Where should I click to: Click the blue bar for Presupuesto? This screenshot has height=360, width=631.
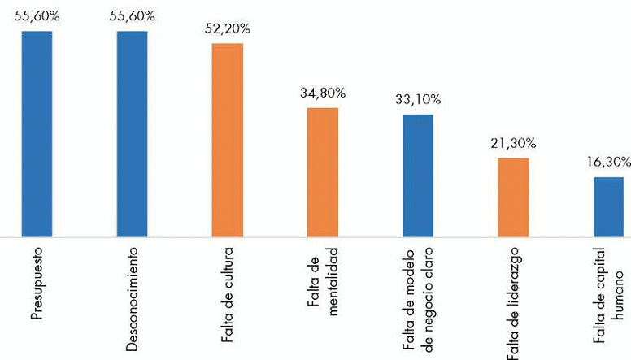point(37,134)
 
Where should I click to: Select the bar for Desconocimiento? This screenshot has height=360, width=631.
point(132,134)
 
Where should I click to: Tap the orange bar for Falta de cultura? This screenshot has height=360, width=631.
point(227,140)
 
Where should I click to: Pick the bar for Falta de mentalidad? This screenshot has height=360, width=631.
point(322,172)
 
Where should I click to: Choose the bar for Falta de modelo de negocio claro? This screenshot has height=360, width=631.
point(418,176)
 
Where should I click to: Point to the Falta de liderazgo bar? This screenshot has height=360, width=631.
point(513,197)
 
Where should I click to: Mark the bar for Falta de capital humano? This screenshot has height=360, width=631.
point(608,207)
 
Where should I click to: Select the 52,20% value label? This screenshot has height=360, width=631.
point(227,28)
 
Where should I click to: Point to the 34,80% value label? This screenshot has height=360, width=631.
point(322,93)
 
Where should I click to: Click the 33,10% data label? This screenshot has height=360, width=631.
point(418,99)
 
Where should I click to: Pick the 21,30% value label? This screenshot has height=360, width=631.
point(513,143)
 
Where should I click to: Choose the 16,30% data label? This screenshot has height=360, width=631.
point(608,162)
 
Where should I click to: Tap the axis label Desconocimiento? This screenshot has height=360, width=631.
point(132,297)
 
